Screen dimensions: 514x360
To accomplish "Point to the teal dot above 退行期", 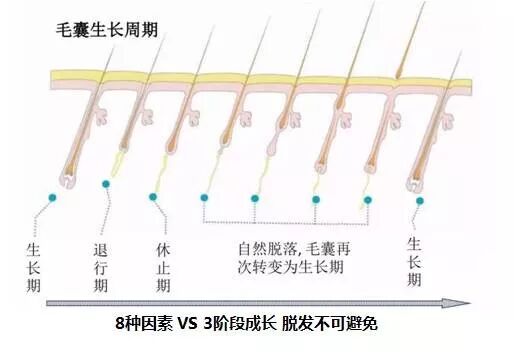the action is [x=106, y=184].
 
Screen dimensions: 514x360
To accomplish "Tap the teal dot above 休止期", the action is [x=153, y=197].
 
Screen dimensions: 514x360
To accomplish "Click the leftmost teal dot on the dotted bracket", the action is [x=203, y=198].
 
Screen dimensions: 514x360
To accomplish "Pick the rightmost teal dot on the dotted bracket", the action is [x=368, y=198].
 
